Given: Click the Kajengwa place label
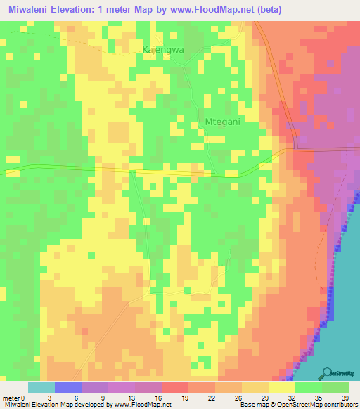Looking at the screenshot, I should tap(163, 50).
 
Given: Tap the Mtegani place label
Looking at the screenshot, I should tap(222, 122).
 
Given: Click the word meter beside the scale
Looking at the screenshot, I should tap(11, 397).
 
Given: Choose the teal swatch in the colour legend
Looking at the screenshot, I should tap(41, 387).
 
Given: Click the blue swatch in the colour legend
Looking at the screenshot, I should tap(68, 387).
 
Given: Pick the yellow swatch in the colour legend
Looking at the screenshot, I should tap(282, 387).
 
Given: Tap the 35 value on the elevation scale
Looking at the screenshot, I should tap(321, 397).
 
